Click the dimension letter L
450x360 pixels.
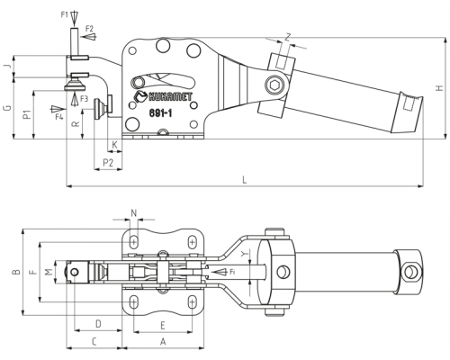tap(245, 180)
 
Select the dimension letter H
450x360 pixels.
tap(439, 88)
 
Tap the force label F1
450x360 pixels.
tap(65, 14)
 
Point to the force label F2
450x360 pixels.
tap(89, 29)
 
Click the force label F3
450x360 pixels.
tap(85, 99)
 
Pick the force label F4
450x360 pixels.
tap(59, 117)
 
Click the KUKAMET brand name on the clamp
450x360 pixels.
tap(170, 96)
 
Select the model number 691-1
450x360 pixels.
tap(160, 113)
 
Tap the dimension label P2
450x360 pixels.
tap(108, 163)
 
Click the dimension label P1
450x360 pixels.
tap(28, 114)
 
